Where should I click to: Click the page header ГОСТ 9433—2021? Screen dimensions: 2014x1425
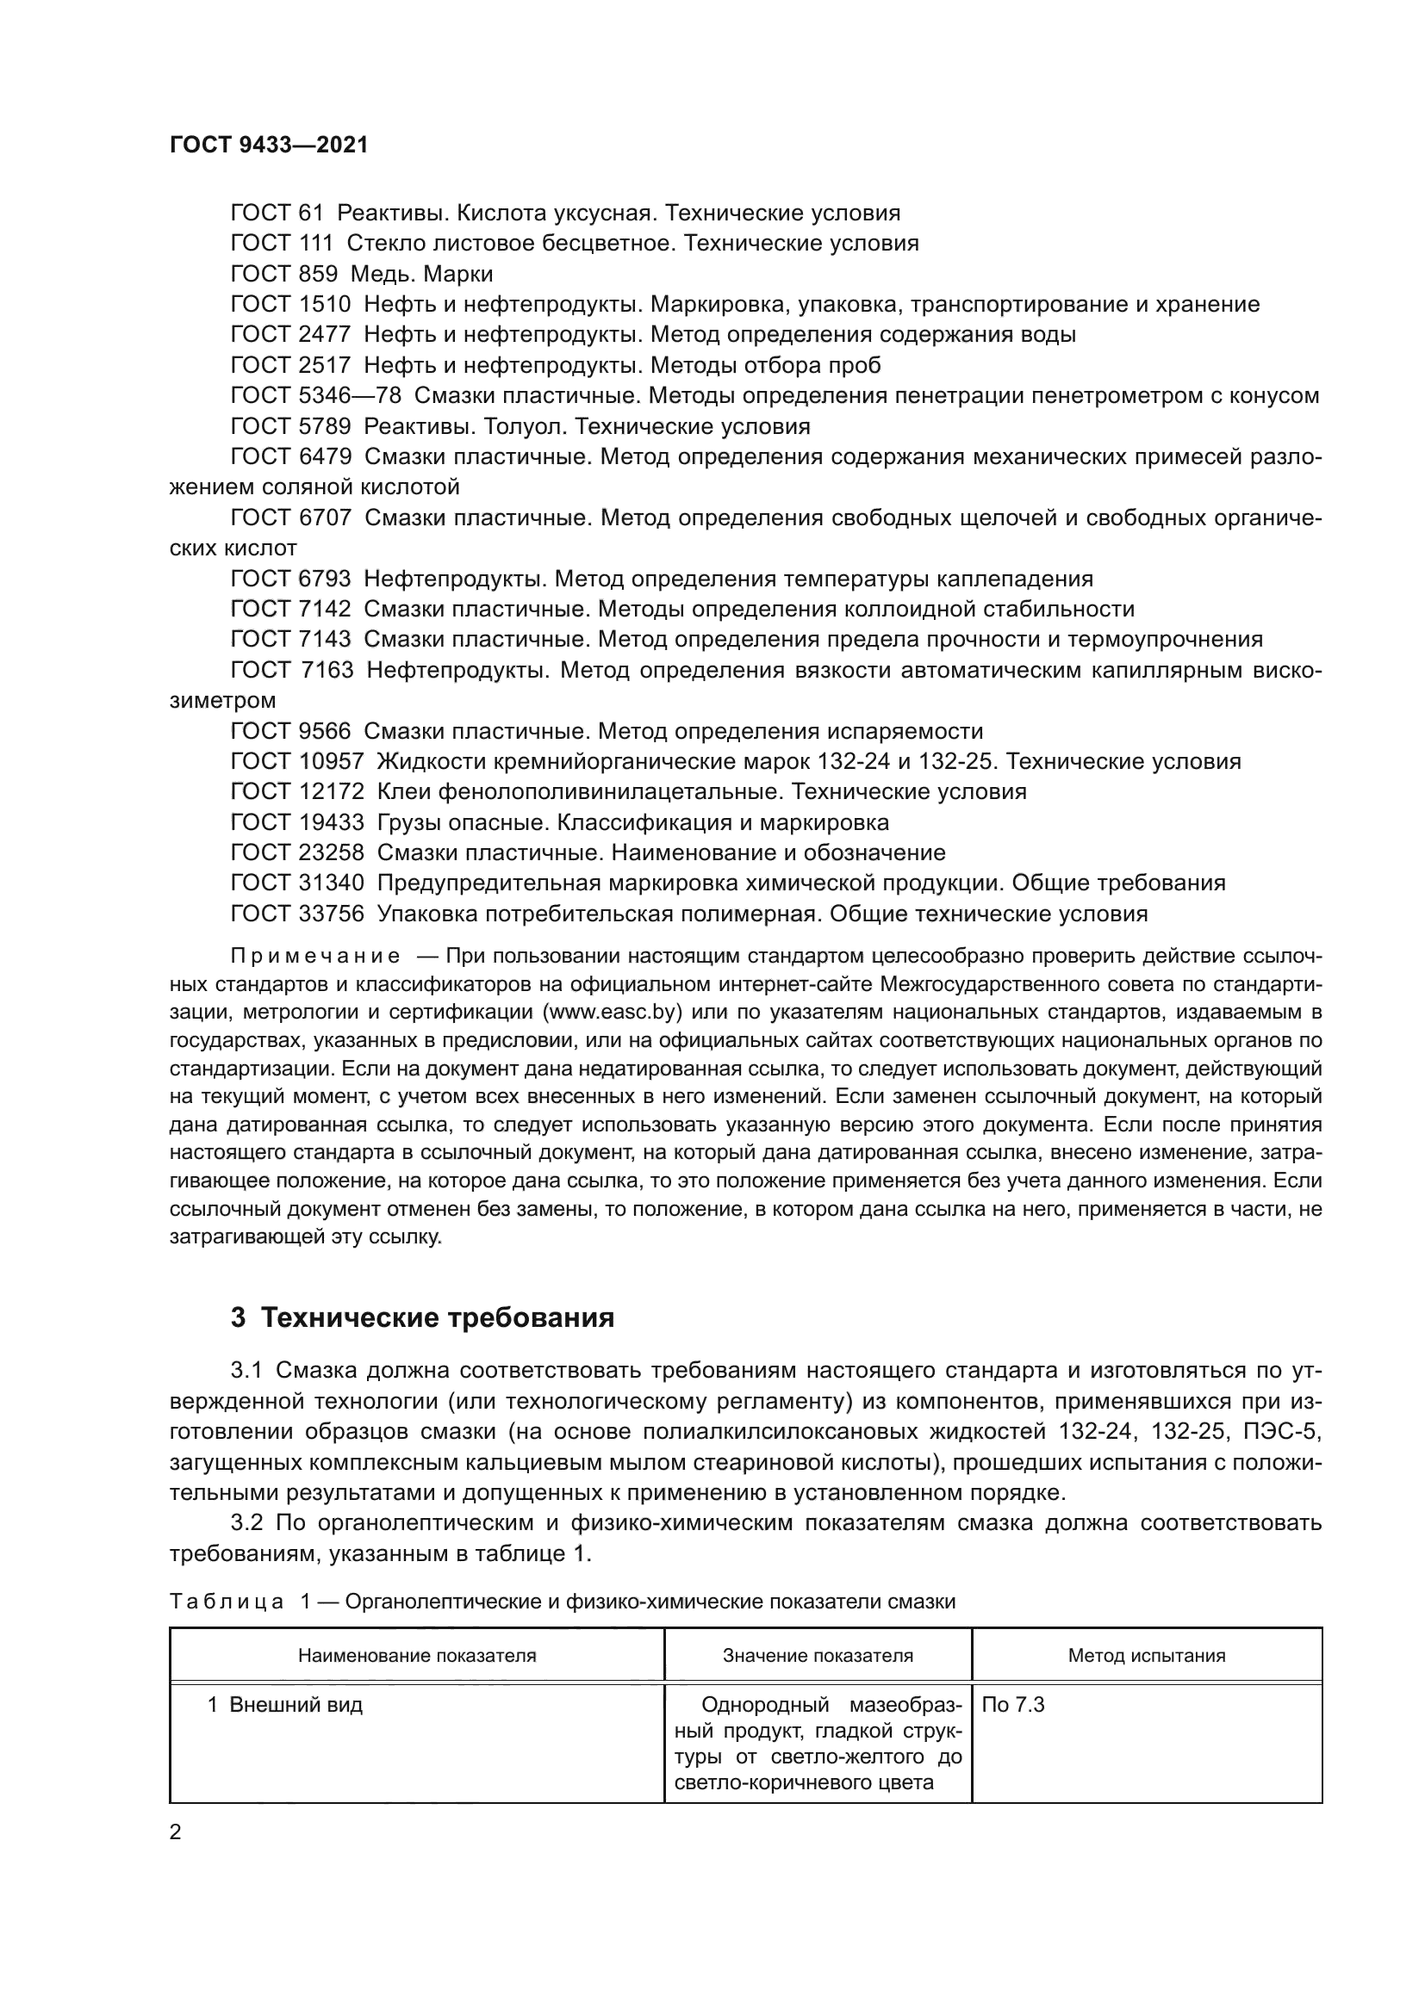pos(269,146)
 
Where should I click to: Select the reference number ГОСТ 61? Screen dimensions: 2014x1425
pos(277,214)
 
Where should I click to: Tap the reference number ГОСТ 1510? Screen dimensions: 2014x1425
pos(290,304)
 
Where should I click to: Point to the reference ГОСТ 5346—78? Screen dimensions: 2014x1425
pos(316,395)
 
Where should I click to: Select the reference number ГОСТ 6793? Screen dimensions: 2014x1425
pos(290,579)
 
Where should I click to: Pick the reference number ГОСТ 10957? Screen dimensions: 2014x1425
pos(296,761)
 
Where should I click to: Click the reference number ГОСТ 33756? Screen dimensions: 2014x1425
pos(296,914)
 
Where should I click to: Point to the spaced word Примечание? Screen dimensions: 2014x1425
pos(315,956)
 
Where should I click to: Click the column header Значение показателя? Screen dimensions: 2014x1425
pos(818,1656)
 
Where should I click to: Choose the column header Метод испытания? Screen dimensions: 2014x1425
pos(1146,1656)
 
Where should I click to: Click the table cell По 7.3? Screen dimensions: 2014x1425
pos(1013,1706)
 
